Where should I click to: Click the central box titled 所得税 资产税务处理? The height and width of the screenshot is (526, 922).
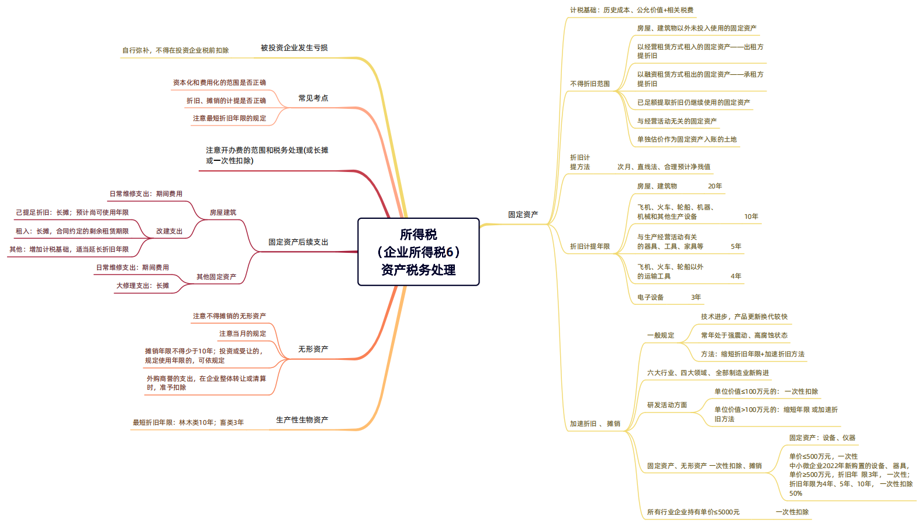pos(418,252)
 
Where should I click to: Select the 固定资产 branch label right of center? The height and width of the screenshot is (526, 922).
pos(523,214)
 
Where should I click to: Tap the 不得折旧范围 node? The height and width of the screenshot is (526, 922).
pos(589,84)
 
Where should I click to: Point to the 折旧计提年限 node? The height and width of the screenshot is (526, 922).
pos(589,246)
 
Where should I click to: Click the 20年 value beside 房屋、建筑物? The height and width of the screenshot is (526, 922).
pos(714,186)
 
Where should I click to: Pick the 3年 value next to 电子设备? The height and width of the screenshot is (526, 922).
pos(696,297)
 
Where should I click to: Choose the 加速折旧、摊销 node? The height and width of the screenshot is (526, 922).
pos(595,424)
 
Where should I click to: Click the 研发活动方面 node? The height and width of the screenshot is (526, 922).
pos(667,405)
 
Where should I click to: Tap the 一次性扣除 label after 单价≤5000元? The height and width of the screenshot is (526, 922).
pos(792,512)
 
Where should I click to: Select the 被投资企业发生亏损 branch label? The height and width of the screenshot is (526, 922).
pos(294,48)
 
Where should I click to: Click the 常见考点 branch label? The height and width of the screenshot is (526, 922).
pos(313,98)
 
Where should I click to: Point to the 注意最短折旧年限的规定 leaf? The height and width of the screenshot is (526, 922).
pos(229,118)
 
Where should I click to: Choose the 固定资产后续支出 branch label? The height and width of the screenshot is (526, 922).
pos(298,242)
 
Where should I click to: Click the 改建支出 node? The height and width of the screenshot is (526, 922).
pos(169,231)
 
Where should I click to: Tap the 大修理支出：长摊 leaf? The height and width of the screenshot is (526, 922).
pos(143,286)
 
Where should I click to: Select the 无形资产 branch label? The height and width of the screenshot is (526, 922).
pos(313,349)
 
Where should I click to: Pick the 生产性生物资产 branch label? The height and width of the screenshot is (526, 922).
pos(302,420)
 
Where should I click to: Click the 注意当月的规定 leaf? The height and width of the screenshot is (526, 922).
pos(243,334)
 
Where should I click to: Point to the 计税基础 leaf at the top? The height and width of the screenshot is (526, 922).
pos(631,10)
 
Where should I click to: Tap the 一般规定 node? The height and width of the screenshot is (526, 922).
pos(660,335)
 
